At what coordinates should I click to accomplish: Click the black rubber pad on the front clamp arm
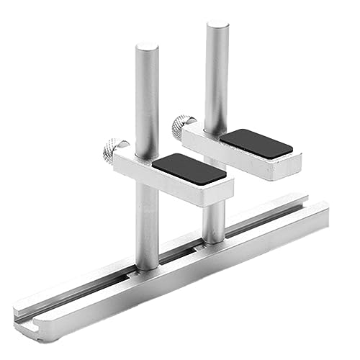pyautogui.click(x=189, y=168)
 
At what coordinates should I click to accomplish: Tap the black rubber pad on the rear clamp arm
pyautogui.click(x=256, y=143)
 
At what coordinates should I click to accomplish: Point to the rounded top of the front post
pyautogui.click(x=147, y=48)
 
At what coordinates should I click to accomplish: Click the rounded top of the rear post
pyautogui.click(x=217, y=27)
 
